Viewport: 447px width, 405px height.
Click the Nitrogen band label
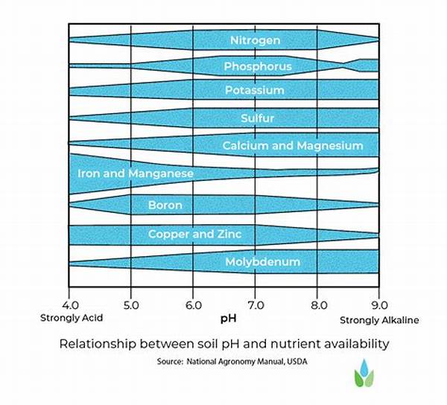pyautogui.click(x=255, y=39)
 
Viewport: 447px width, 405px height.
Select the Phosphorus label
pyautogui.click(x=257, y=66)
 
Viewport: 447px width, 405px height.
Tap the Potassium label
pyautogui.click(x=255, y=90)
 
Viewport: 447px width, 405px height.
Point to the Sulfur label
pyautogui.click(x=258, y=118)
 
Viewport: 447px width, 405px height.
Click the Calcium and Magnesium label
pyautogui.click(x=293, y=145)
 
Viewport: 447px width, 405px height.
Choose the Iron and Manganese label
pyautogui.click(x=136, y=173)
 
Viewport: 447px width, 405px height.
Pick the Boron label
pyautogui.click(x=165, y=205)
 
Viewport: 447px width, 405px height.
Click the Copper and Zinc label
pyautogui.click(x=194, y=234)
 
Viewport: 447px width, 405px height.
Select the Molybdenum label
pyautogui.click(x=262, y=261)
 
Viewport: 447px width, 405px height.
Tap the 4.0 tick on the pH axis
pyautogui.click(x=69, y=304)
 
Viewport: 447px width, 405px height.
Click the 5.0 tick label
pyautogui.click(x=130, y=304)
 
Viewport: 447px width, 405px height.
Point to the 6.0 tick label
pyautogui.click(x=193, y=304)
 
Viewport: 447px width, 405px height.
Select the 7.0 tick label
pyautogui.click(x=255, y=304)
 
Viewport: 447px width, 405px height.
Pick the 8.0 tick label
pyautogui.click(x=317, y=304)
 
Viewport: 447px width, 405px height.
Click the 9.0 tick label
pyautogui.click(x=379, y=304)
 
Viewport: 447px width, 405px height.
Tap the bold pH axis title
pyautogui.click(x=227, y=319)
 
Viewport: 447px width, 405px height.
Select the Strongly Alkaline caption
pyautogui.click(x=379, y=320)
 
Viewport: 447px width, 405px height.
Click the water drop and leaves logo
pyautogui.click(x=364, y=375)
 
